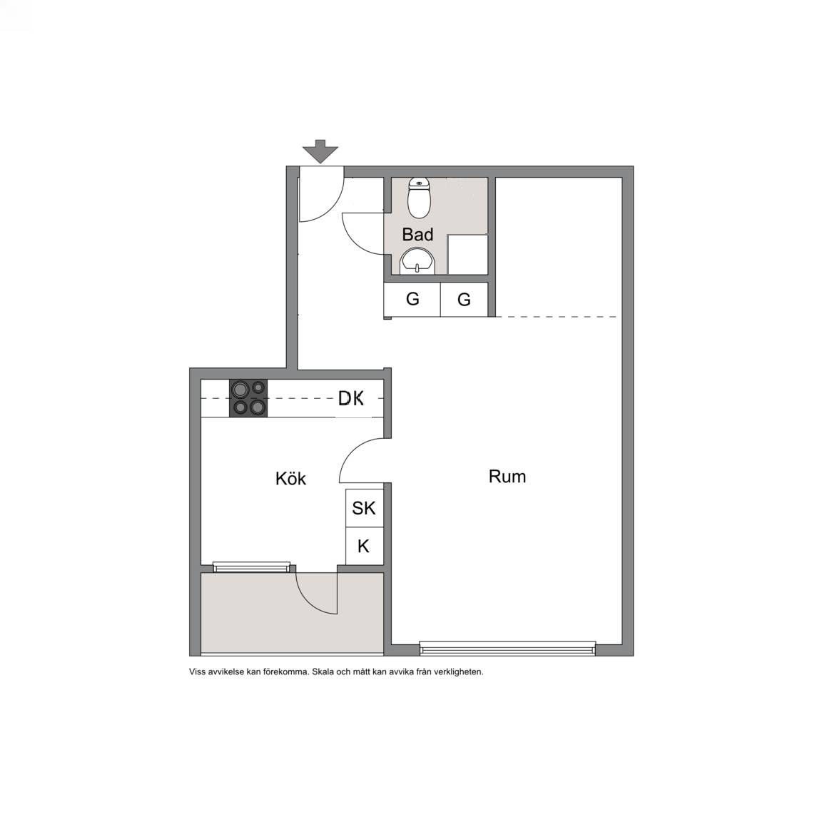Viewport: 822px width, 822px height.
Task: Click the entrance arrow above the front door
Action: (x=320, y=151)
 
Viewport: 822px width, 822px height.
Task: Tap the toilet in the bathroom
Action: (x=419, y=198)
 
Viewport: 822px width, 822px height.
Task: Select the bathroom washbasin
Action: (x=418, y=261)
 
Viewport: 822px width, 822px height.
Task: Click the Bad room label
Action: (x=418, y=234)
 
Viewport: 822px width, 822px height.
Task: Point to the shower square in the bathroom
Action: (x=467, y=254)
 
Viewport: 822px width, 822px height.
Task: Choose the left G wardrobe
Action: (x=412, y=300)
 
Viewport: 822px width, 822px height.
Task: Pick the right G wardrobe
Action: (x=464, y=300)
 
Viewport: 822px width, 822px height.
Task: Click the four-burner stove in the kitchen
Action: (x=248, y=398)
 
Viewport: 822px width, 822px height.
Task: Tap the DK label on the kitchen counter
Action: (x=351, y=398)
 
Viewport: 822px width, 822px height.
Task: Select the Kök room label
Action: (x=290, y=478)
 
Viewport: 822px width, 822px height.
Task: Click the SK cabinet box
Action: (x=365, y=508)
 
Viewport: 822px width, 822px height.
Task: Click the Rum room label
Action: (x=507, y=476)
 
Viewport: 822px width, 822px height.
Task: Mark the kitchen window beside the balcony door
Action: (x=252, y=567)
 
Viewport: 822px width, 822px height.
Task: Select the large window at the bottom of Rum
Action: (x=507, y=648)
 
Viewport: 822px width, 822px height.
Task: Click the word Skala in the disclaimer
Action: (x=323, y=671)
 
